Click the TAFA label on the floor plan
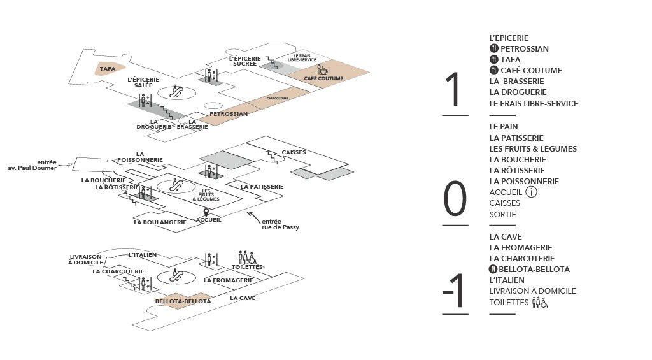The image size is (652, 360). click(108, 68)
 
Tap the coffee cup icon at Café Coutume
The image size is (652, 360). click(322, 69)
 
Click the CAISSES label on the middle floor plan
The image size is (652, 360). click(294, 152)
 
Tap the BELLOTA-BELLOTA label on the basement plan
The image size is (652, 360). click(182, 301)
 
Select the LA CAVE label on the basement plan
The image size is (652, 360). click(243, 298)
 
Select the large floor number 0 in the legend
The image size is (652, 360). click(455, 200)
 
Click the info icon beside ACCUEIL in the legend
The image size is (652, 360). click(532, 192)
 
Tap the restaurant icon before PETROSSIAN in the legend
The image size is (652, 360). click(493, 49)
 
